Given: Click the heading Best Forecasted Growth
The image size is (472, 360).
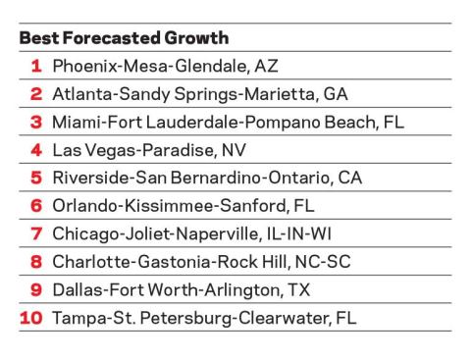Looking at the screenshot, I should click(x=124, y=38).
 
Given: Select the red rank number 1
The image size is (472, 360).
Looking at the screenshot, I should click(x=36, y=67).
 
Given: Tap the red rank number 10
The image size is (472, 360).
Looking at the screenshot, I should click(x=30, y=318).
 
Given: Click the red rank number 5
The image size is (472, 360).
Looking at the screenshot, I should click(x=36, y=179).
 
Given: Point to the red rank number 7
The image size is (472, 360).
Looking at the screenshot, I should click(x=36, y=234).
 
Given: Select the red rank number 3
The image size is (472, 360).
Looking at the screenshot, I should click(x=36, y=123).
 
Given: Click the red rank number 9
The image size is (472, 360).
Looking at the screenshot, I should click(x=36, y=290).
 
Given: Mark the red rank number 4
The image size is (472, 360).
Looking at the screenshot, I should click(x=36, y=150).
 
